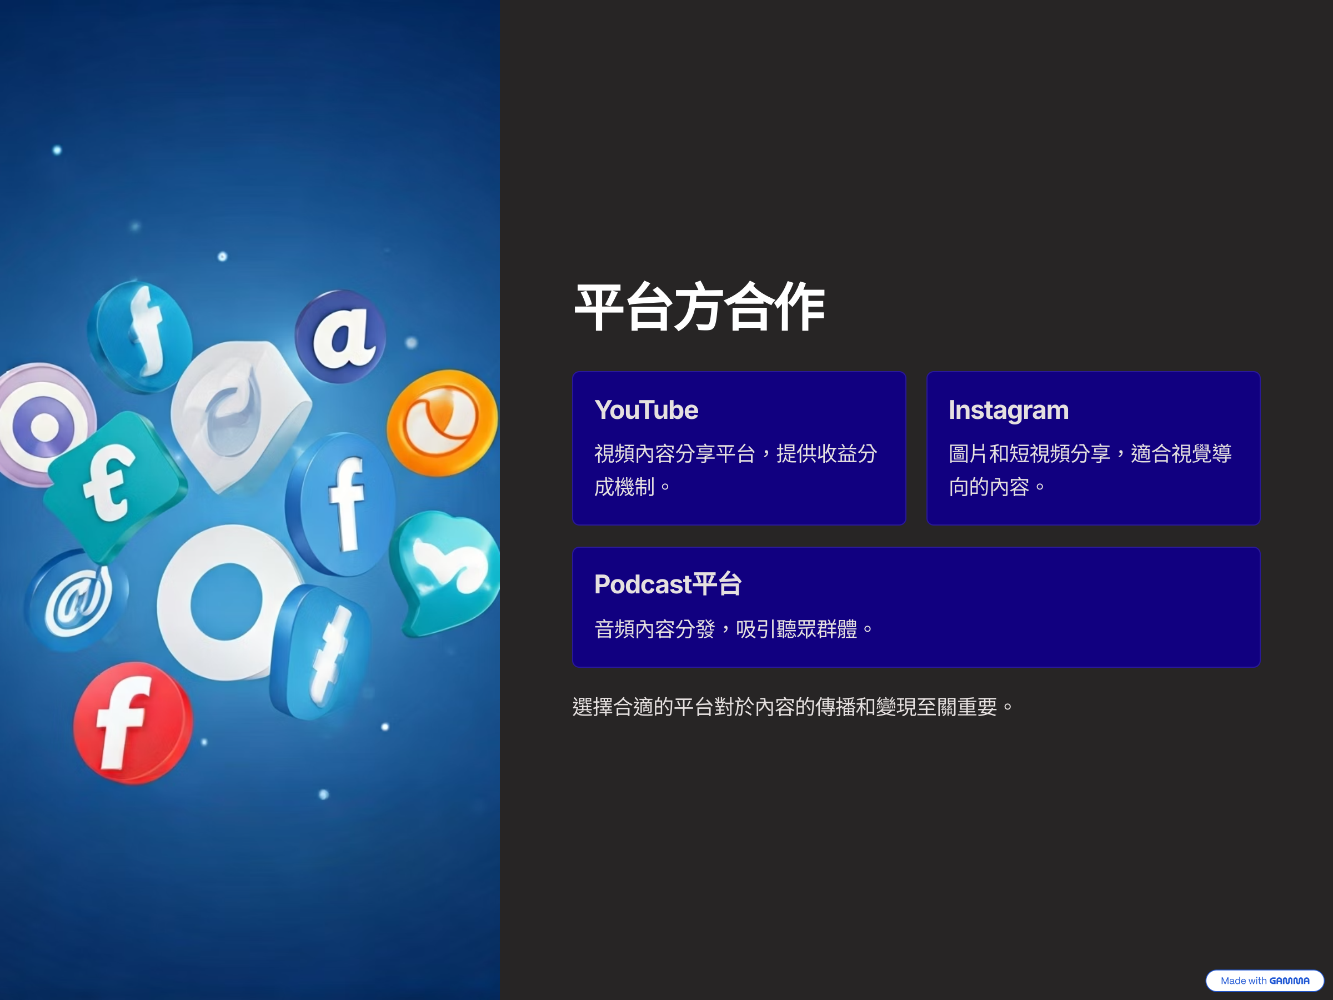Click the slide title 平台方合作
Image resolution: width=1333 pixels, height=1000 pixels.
[700, 307]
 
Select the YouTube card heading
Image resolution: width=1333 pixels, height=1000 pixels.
[646, 410]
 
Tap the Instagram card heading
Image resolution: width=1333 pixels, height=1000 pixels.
[1008, 410]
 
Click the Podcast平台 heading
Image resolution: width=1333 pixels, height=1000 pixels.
[668, 584]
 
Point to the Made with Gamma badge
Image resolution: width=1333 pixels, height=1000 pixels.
[1264, 981]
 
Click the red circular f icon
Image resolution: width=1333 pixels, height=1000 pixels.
[133, 723]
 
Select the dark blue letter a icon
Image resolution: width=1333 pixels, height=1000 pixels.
[341, 336]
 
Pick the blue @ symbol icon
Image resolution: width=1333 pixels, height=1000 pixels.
[77, 600]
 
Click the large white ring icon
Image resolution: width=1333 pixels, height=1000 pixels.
[226, 603]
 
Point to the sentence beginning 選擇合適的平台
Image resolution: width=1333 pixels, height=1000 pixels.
[792, 707]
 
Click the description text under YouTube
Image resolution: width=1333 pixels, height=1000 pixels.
[735, 470]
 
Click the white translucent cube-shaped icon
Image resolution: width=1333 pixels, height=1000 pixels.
[241, 416]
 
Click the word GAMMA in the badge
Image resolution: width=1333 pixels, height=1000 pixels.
[1289, 981]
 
